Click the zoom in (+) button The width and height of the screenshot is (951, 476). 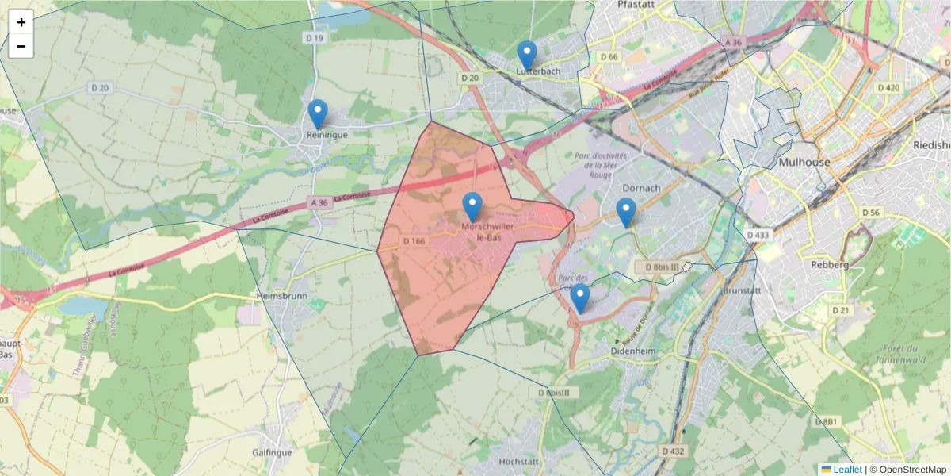tap(21, 22)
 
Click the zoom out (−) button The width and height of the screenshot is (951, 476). tap(21, 46)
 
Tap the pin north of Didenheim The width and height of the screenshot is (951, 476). tap(580, 298)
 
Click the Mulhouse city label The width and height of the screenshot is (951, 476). tap(804, 162)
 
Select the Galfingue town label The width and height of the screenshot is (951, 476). tap(273, 451)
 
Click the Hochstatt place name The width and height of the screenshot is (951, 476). tap(519, 461)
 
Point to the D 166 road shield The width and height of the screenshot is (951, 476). tap(414, 240)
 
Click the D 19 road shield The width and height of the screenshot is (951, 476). tap(315, 38)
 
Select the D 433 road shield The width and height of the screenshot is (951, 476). tap(758, 235)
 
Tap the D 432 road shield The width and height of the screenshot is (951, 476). tap(671, 451)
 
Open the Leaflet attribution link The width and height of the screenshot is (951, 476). tap(846, 470)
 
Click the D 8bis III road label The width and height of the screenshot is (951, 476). tap(658, 267)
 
